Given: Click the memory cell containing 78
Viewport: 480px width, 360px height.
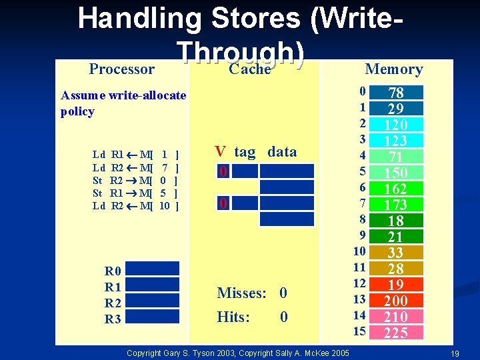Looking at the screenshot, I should coord(396,93).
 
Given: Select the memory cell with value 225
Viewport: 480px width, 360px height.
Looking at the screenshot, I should coord(396,333).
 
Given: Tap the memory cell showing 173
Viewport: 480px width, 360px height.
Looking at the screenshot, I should coord(396,205).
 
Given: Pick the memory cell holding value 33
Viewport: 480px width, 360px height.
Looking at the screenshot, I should coord(396,253).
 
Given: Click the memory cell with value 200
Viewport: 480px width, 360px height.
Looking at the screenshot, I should coord(396,301).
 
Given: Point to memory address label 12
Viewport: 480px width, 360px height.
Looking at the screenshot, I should coord(360,283).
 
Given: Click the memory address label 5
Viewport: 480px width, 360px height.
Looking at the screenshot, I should coord(362,171).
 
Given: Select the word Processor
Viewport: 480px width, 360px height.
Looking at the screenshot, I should coord(122,69).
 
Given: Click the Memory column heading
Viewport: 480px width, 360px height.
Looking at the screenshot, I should coord(394,69).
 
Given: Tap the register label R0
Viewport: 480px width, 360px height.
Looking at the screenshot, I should coord(113,271).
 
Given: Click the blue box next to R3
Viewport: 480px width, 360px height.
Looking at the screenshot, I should coord(153,319).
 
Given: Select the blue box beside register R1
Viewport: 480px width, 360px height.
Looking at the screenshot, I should coord(153,287).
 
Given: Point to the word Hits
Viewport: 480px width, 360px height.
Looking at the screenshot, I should coord(234,317).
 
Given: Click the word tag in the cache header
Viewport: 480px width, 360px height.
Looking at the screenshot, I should coord(245,152).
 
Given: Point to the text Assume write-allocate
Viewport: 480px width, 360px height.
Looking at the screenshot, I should coord(123,95).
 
